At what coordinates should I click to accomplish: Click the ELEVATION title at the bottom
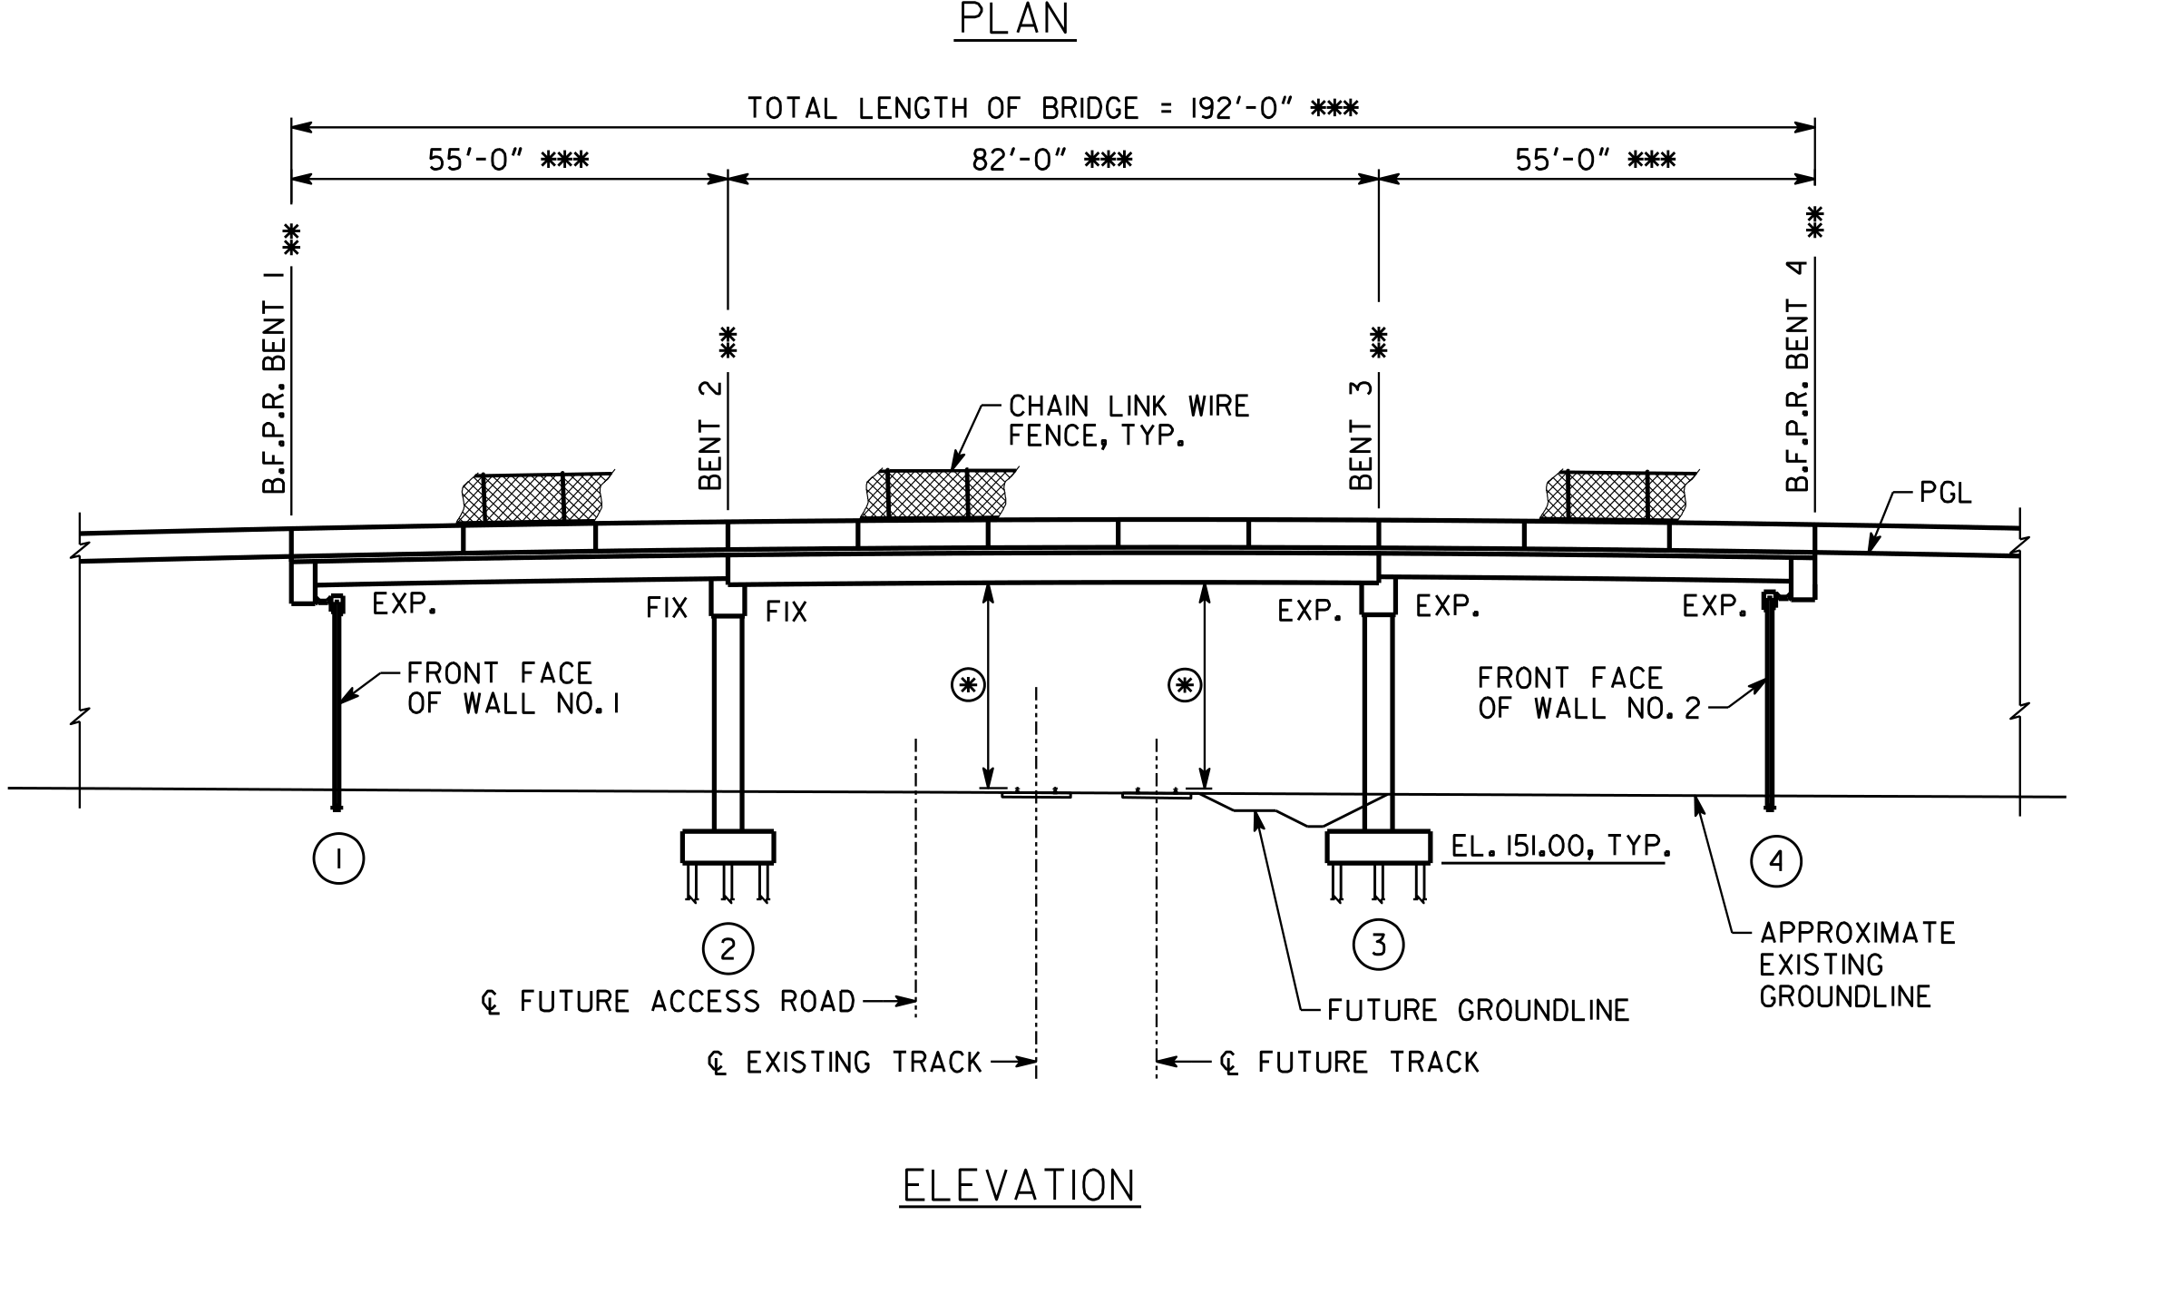coord(1020,1186)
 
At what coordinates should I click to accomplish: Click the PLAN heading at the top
coord(1015,19)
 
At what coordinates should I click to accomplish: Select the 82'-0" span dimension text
coord(1052,161)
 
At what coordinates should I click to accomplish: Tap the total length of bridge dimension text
coord(1052,109)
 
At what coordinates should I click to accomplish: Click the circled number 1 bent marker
coord(338,858)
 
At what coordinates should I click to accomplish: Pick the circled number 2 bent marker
coord(728,948)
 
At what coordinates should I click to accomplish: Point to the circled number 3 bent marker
coord(1378,945)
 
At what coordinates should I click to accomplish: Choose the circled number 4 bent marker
coord(1776,862)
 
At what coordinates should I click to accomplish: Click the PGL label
coord(1945,495)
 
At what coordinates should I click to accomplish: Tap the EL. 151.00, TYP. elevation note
coord(1560,847)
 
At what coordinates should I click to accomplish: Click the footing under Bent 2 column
coord(728,847)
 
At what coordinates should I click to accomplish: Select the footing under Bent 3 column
coord(1378,847)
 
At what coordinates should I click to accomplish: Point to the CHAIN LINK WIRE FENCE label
coord(1128,421)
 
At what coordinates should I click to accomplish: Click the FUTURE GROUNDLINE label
coord(1478,1011)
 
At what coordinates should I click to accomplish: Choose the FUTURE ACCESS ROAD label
coord(669,1002)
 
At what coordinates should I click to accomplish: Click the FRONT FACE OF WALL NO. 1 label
coord(513,689)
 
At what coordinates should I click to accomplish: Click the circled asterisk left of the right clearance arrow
coord(1184,686)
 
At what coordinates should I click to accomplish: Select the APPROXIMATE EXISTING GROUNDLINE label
coord(1857,966)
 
